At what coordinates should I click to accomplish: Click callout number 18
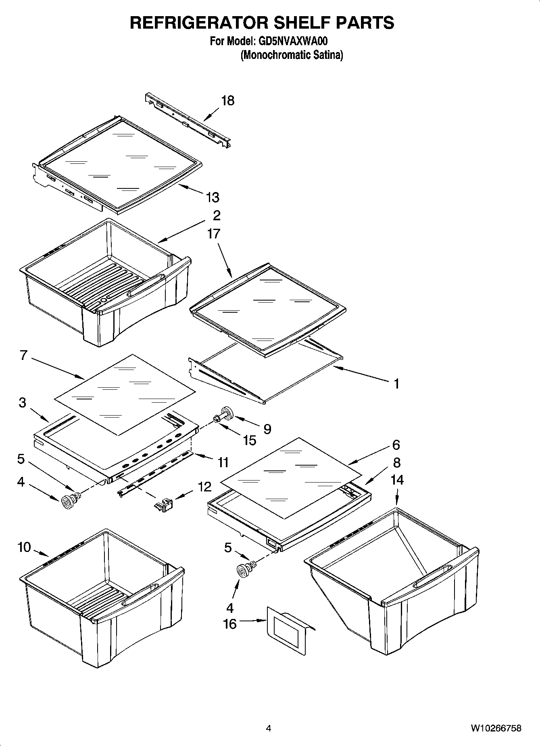(x=228, y=100)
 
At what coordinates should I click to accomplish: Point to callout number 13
(x=213, y=197)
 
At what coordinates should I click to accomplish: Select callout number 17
(x=214, y=233)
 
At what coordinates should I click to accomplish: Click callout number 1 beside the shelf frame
(x=396, y=383)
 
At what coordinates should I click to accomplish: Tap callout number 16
(x=230, y=624)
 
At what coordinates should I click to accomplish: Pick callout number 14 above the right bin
(x=397, y=480)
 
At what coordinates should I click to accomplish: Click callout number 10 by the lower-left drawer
(x=24, y=547)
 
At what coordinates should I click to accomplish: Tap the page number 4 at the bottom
(x=269, y=728)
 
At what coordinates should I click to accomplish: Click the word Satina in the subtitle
(x=327, y=55)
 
